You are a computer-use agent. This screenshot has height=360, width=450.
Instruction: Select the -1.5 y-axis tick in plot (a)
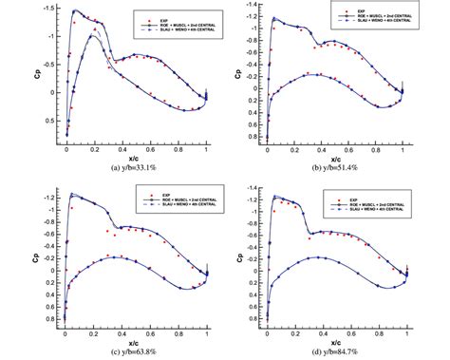[50, 9]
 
